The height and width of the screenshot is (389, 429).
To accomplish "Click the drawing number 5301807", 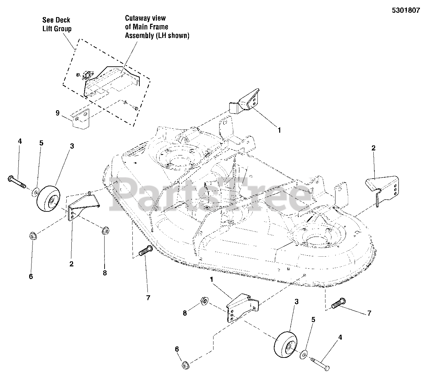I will tap(406, 10).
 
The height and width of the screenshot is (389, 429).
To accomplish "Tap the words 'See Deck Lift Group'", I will tap(57, 24).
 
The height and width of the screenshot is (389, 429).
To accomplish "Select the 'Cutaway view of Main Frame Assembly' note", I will tap(157, 27).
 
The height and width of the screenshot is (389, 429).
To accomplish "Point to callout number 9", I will tap(58, 113).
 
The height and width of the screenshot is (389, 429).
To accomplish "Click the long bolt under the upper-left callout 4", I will tap(16, 181).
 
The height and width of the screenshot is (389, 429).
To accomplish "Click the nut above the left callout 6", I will tap(33, 236).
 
